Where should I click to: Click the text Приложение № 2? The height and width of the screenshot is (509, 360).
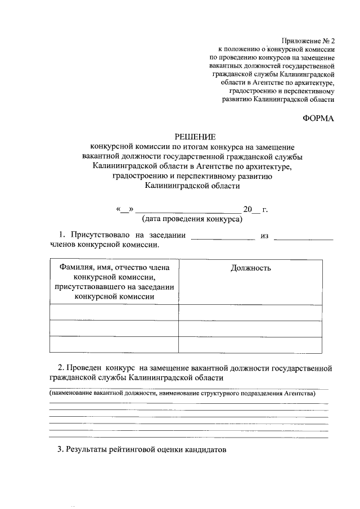tap(308, 40)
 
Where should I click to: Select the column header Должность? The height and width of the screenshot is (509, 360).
tap(251, 268)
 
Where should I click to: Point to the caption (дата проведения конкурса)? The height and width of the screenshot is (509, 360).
tap(192, 219)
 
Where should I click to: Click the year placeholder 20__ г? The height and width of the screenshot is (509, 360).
tap(255, 209)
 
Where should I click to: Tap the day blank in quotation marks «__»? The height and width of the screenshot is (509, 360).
tap(124, 209)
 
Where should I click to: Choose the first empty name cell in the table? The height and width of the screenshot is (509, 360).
tap(114, 312)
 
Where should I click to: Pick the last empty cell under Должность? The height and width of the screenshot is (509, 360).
tap(251, 344)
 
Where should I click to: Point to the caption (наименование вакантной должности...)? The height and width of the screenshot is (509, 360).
tap(181, 394)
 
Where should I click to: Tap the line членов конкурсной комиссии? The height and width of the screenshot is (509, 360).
tap(104, 245)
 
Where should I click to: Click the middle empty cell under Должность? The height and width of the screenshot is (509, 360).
tap(251, 327)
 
